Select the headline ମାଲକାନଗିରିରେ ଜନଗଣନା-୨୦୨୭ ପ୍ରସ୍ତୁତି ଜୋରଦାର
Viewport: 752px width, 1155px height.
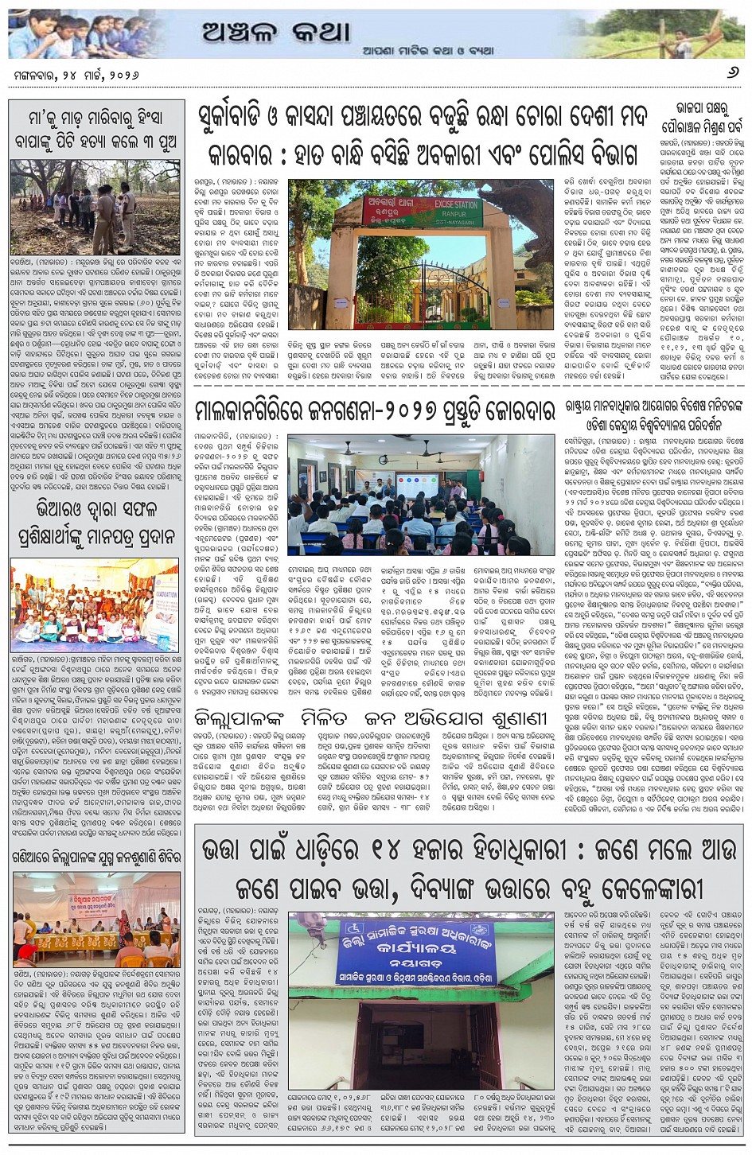374,411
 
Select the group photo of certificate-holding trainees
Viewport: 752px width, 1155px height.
95,604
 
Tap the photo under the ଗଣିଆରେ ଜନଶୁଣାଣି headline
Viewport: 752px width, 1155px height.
95,918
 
